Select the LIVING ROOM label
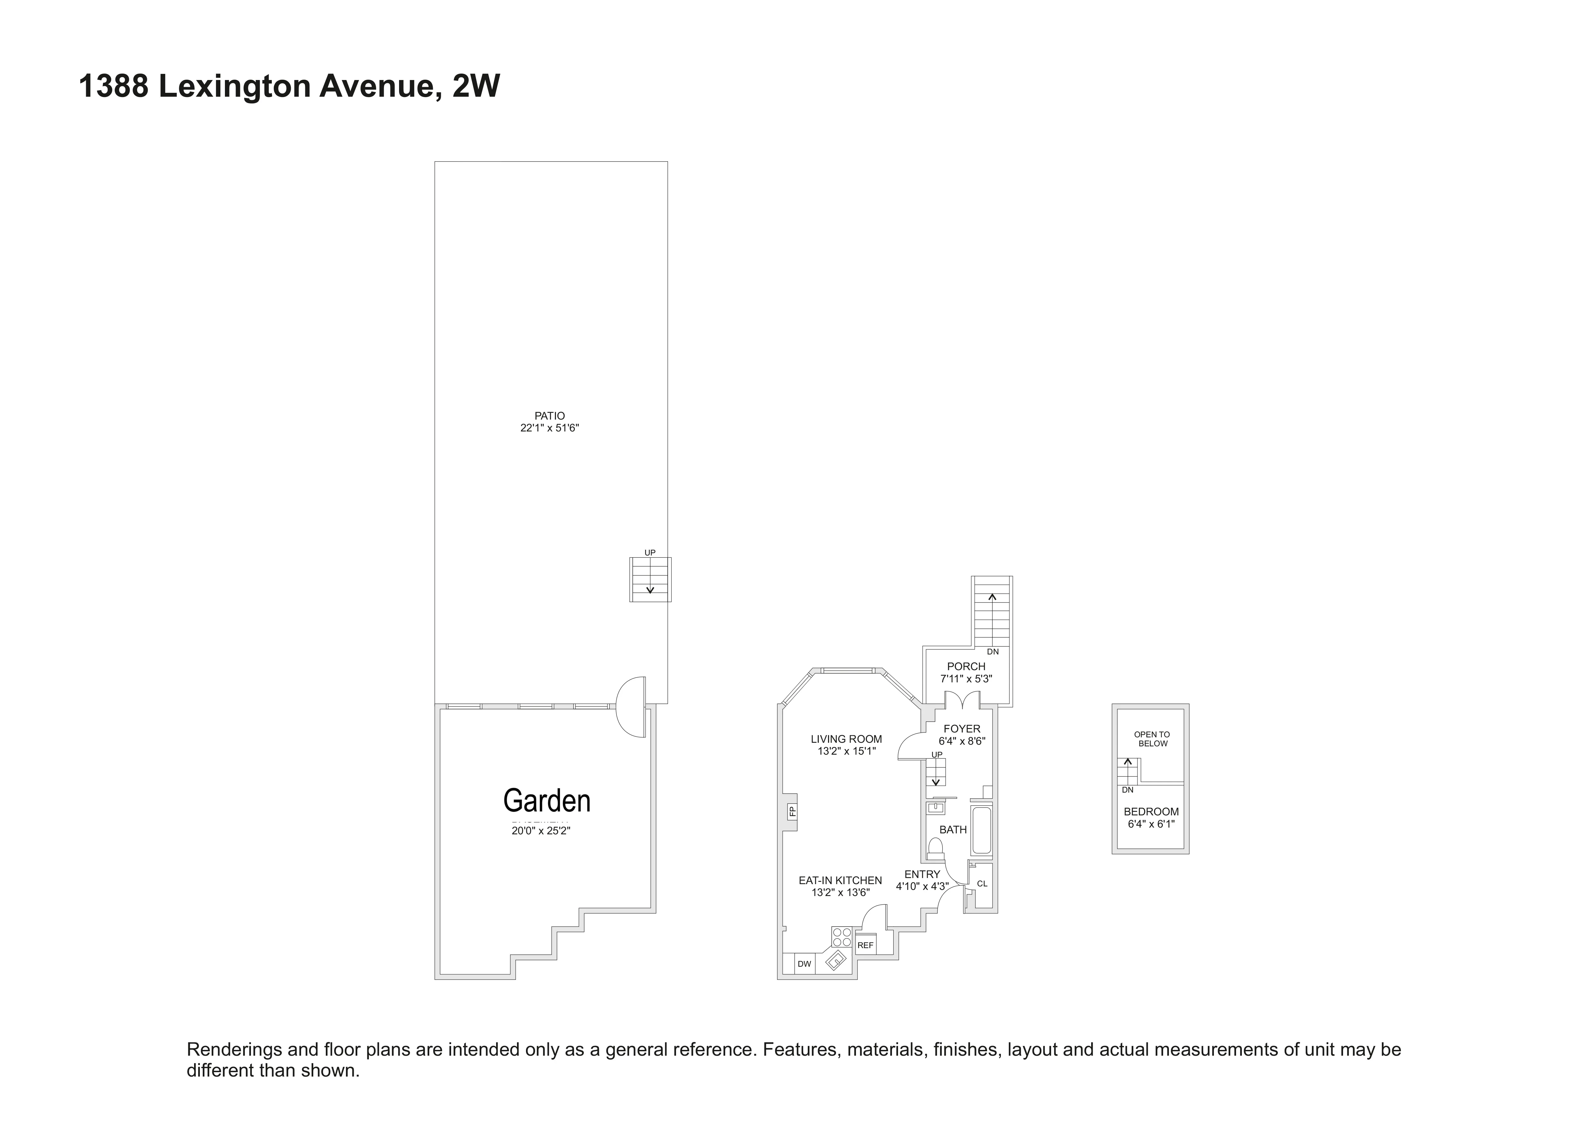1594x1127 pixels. point(846,739)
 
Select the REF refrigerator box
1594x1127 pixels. point(865,945)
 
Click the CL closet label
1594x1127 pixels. point(982,883)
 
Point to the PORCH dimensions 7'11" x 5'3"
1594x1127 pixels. point(966,679)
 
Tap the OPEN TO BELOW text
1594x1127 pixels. point(1152,738)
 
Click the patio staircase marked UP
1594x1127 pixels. point(650,580)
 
